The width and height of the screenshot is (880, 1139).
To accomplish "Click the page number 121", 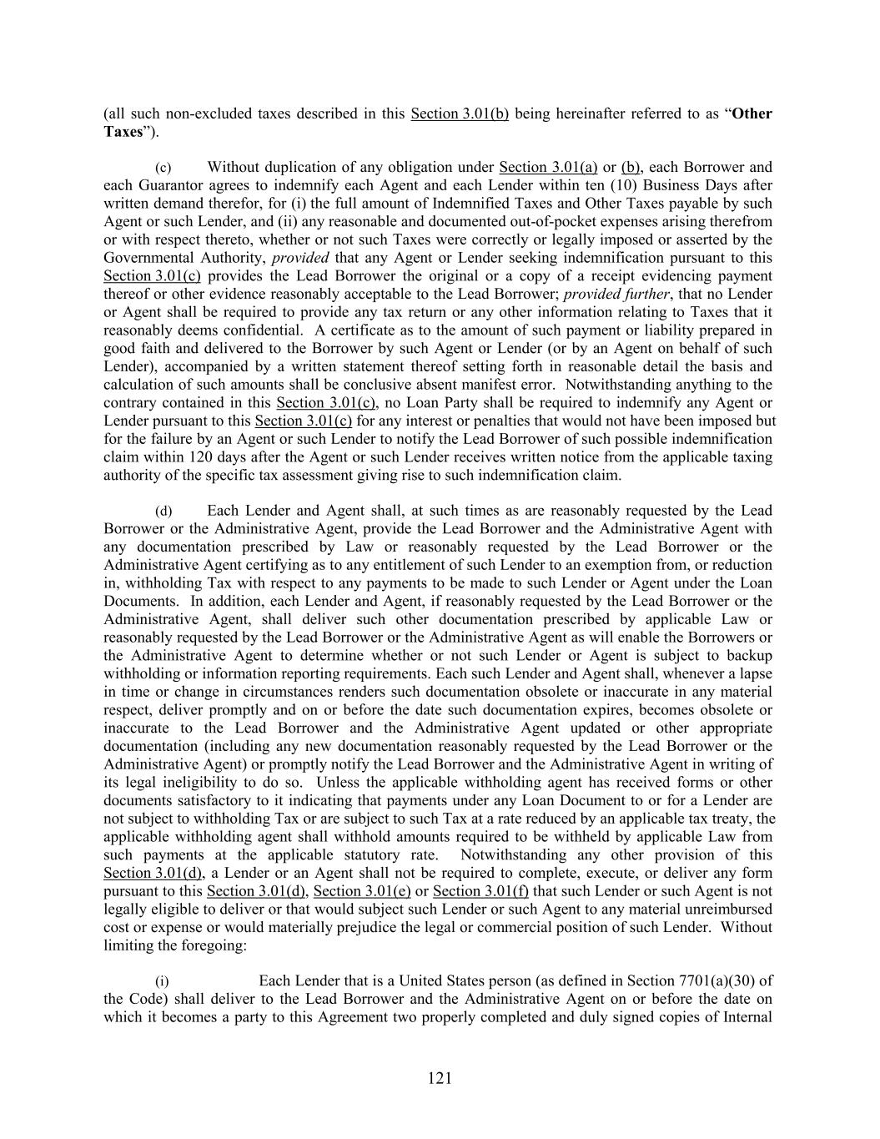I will click(x=440, y=1078).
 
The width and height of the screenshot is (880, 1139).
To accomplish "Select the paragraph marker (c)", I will click(x=163, y=168).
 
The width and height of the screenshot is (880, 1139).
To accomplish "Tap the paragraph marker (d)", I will click(x=163, y=511).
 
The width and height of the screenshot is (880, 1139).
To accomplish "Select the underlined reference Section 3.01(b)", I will click(x=460, y=113).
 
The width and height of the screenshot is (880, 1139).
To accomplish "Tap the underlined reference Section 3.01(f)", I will click(x=480, y=891).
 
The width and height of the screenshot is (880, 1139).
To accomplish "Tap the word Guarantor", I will click(x=163, y=185).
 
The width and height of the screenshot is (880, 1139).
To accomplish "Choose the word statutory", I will click(x=373, y=855).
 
